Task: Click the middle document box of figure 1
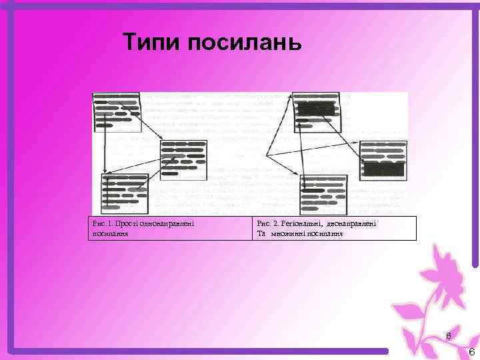point(183,159)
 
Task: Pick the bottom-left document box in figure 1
point(125,193)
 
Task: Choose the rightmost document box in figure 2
point(383,159)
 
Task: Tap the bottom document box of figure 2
point(324,193)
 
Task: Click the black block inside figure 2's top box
point(315,108)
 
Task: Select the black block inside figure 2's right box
point(383,169)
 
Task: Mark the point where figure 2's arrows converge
point(267,155)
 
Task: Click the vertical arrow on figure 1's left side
point(105,150)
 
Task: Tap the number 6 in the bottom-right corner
point(471,352)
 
